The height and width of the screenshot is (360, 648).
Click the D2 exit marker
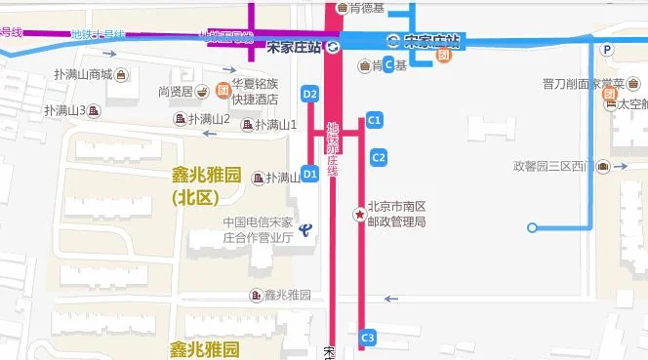click(x=310, y=94)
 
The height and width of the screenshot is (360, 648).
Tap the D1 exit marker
click(x=310, y=174)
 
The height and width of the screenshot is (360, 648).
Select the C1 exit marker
click(x=373, y=120)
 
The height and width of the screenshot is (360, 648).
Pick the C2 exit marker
click(x=379, y=156)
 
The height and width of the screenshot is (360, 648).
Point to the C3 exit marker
click(x=368, y=338)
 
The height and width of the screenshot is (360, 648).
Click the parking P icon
click(x=607, y=49)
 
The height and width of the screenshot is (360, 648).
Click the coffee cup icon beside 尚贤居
click(x=201, y=92)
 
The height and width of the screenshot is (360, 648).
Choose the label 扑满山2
click(x=209, y=119)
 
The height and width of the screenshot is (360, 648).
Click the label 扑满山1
click(x=276, y=125)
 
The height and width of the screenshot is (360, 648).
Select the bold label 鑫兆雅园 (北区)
click(x=208, y=185)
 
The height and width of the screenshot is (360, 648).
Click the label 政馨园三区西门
click(x=553, y=165)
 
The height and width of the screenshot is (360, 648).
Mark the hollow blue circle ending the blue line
click(x=532, y=228)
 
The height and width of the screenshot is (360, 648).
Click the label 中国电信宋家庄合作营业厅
click(x=258, y=229)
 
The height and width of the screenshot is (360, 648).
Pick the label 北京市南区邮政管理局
click(x=396, y=214)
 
